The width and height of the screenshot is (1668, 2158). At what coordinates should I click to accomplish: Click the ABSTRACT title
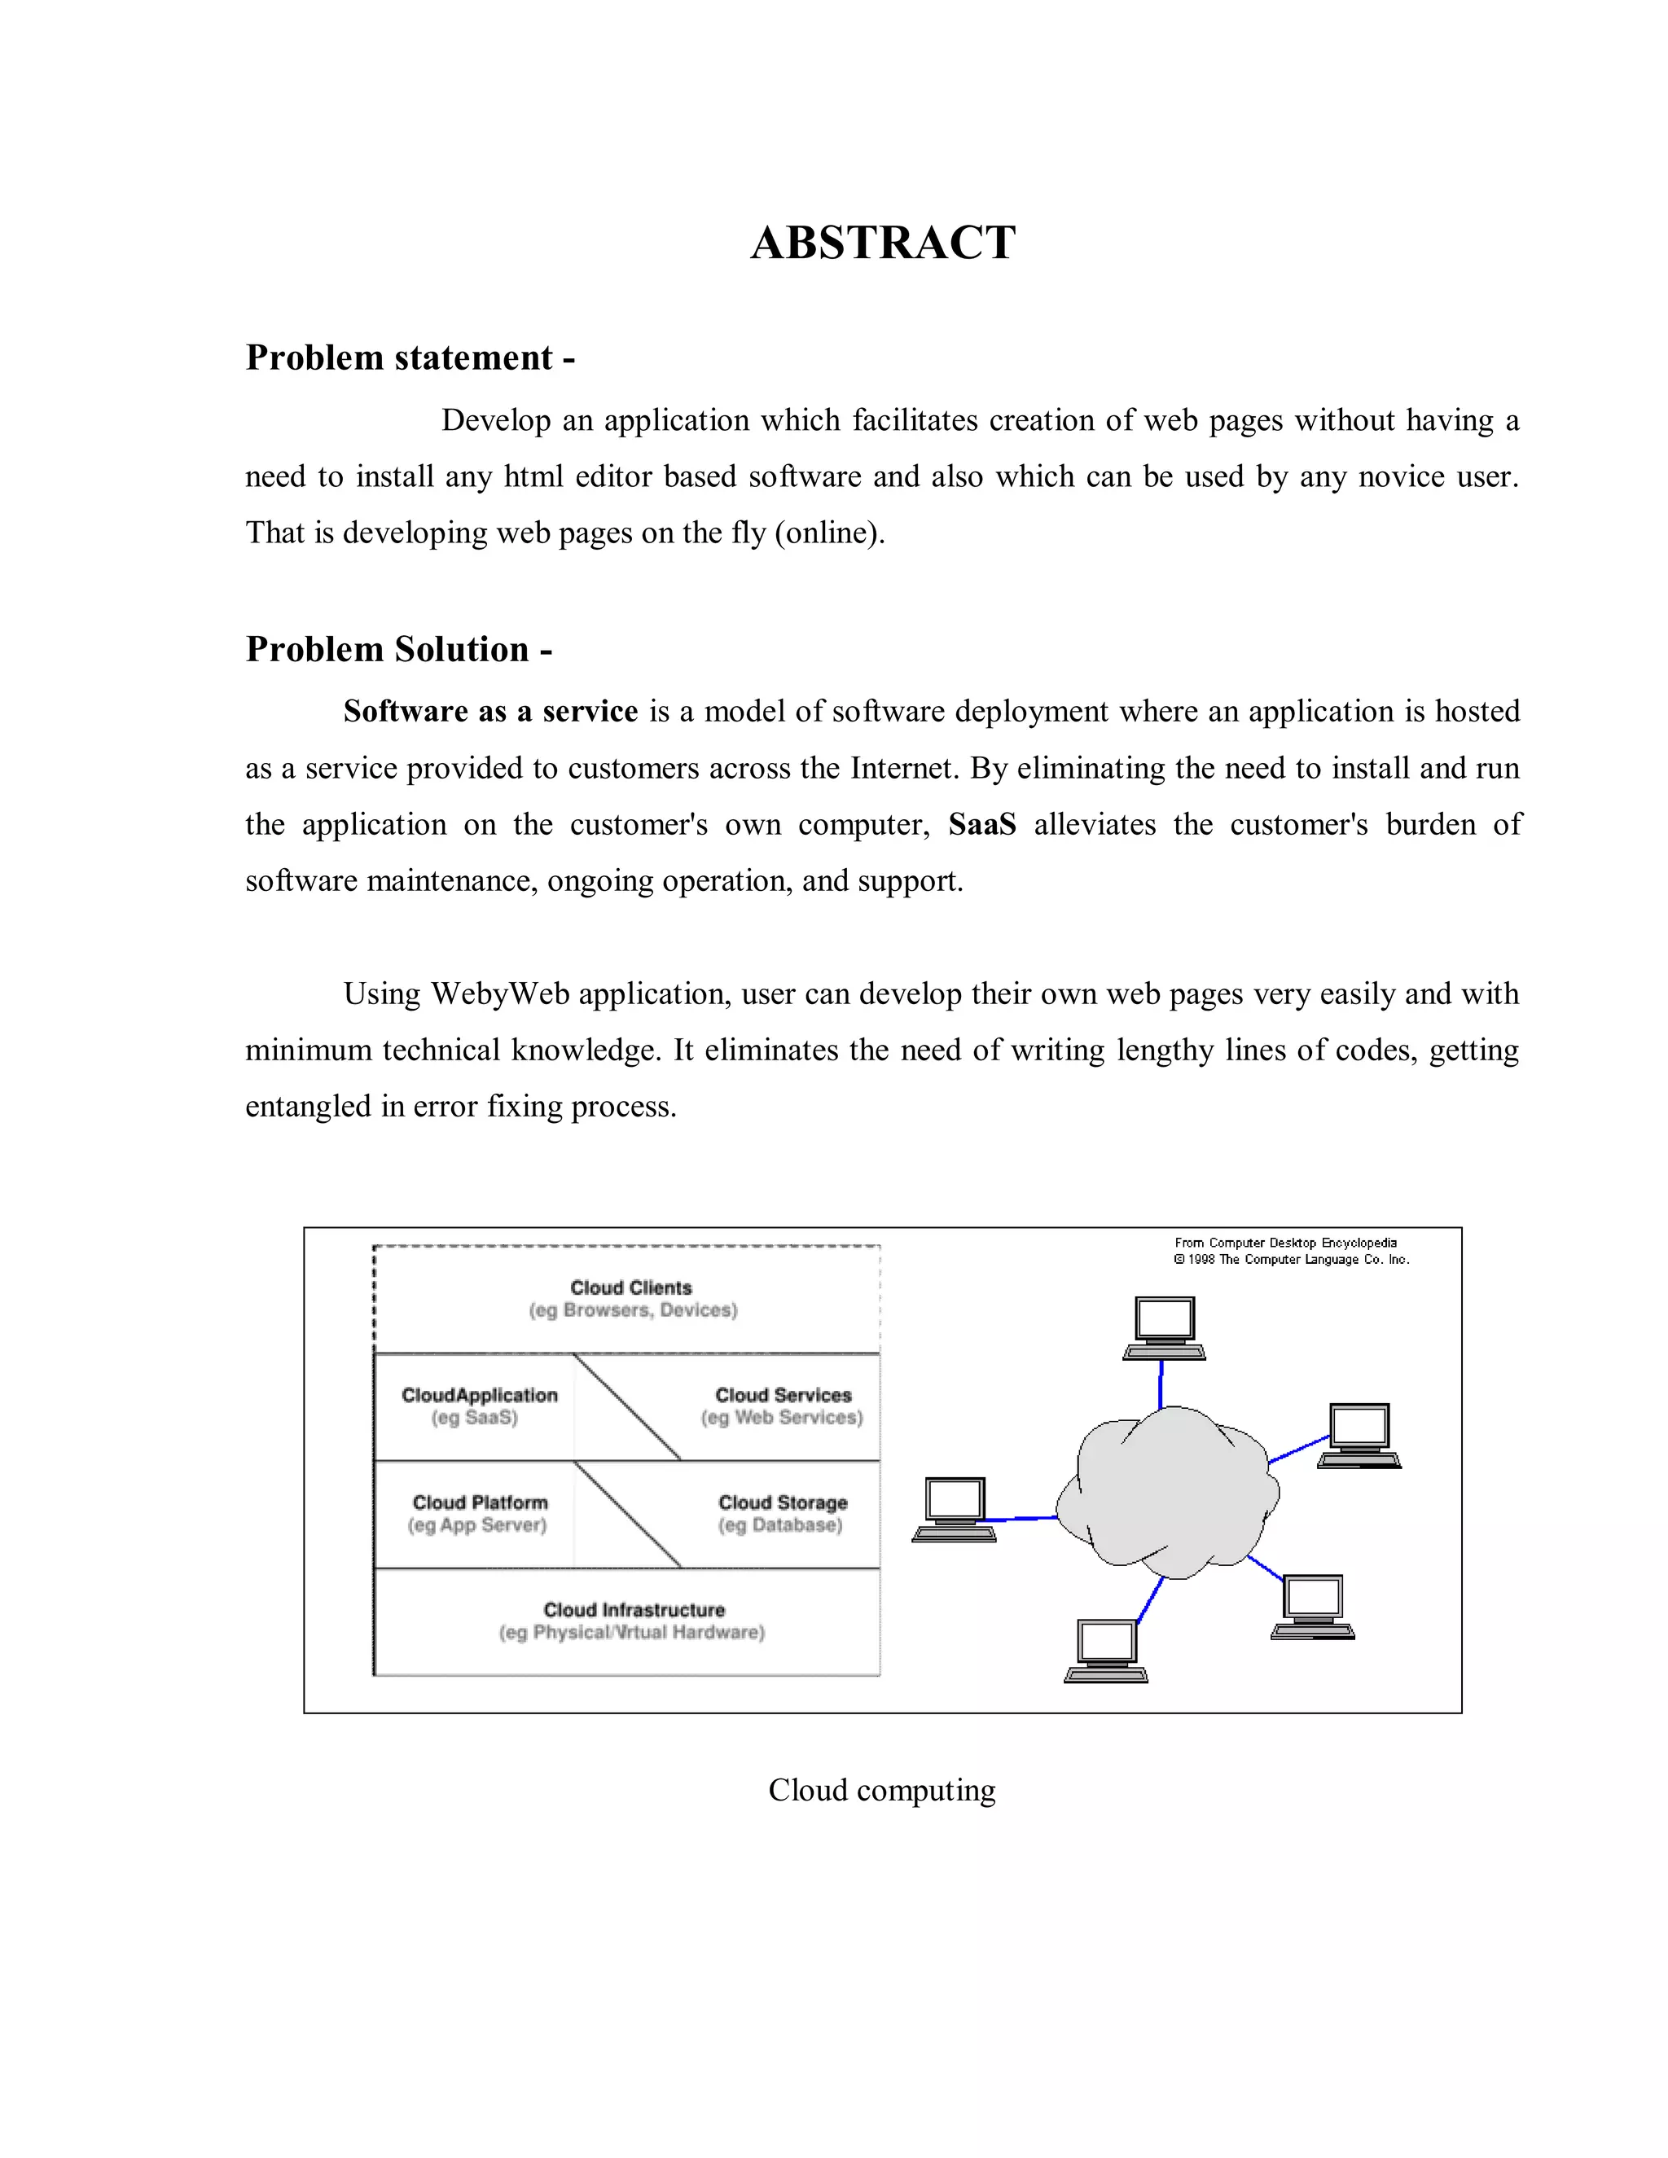(x=882, y=243)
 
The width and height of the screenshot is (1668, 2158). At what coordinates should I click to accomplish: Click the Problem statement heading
(x=409, y=357)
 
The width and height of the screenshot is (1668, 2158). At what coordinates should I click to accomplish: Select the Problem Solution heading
(x=398, y=649)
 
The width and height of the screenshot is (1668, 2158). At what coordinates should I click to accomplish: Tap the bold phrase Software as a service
(x=490, y=712)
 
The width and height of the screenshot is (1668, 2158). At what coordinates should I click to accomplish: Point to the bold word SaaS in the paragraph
(x=981, y=824)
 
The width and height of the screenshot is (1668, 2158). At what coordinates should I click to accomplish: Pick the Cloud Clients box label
(x=630, y=1287)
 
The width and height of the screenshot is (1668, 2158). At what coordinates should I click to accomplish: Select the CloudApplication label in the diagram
(x=479, y=1395)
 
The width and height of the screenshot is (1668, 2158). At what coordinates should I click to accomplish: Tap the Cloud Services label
(x=783, y=1395)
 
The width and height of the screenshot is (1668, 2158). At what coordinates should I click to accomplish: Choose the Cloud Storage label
(x=783, y=1502)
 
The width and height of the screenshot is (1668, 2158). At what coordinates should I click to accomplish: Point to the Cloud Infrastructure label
(x=634, y=1610)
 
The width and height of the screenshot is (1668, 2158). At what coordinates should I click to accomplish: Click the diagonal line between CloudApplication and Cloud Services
(x=626, y=1406)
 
